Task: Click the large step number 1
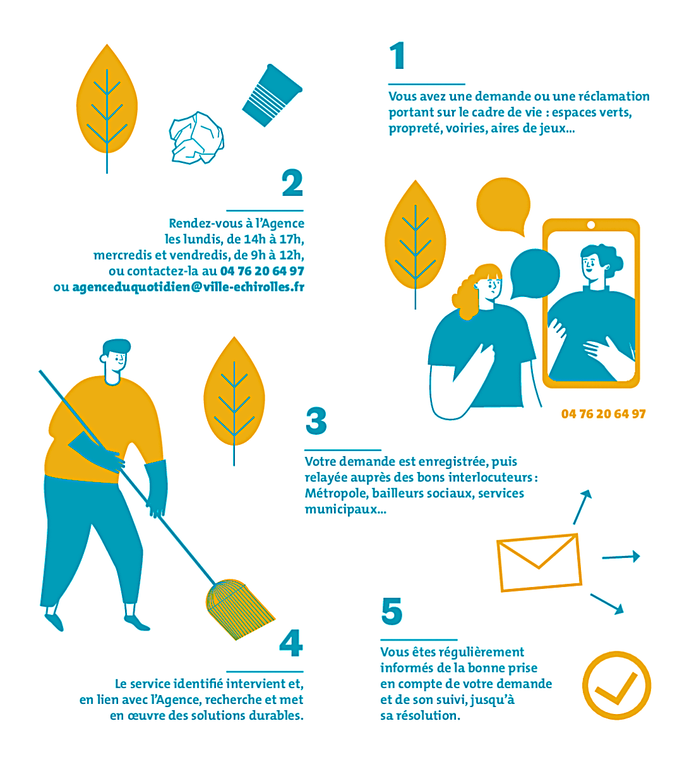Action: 397,56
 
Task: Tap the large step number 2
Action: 292,183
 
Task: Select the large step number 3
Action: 316,421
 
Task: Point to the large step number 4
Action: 291,643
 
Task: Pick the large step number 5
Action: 392,611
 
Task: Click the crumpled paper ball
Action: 196,138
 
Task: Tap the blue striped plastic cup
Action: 272,95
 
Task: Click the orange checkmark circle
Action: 616,686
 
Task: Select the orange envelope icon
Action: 539,562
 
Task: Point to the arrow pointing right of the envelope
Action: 621,557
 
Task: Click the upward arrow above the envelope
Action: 582,507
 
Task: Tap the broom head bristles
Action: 239,609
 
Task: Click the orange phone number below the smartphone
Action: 604,414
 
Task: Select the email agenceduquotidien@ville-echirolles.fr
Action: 188,287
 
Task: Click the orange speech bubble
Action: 503,205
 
